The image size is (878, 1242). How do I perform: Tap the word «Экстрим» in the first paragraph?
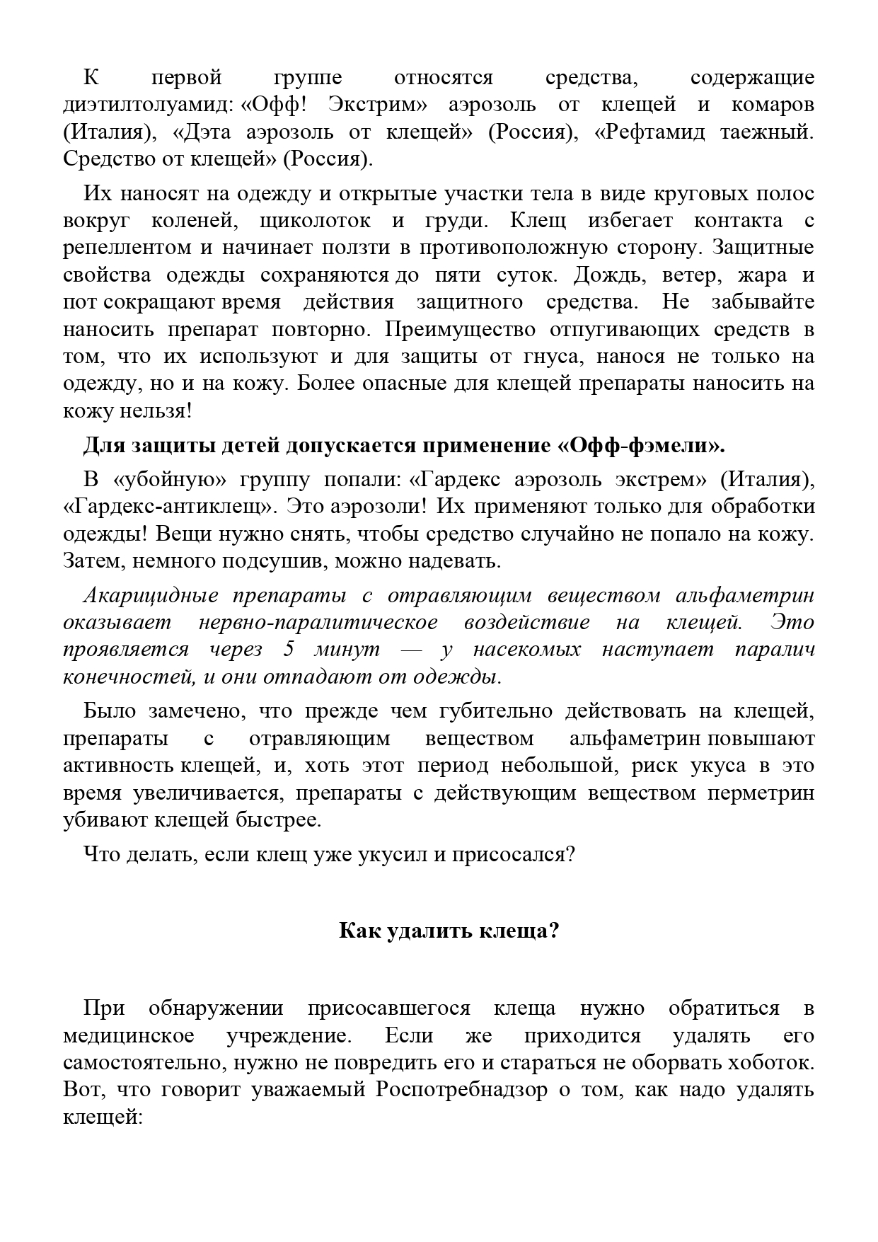[368, 105]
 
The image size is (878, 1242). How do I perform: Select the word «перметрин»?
[761, 793]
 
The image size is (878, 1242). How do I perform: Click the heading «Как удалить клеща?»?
[449, 930]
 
